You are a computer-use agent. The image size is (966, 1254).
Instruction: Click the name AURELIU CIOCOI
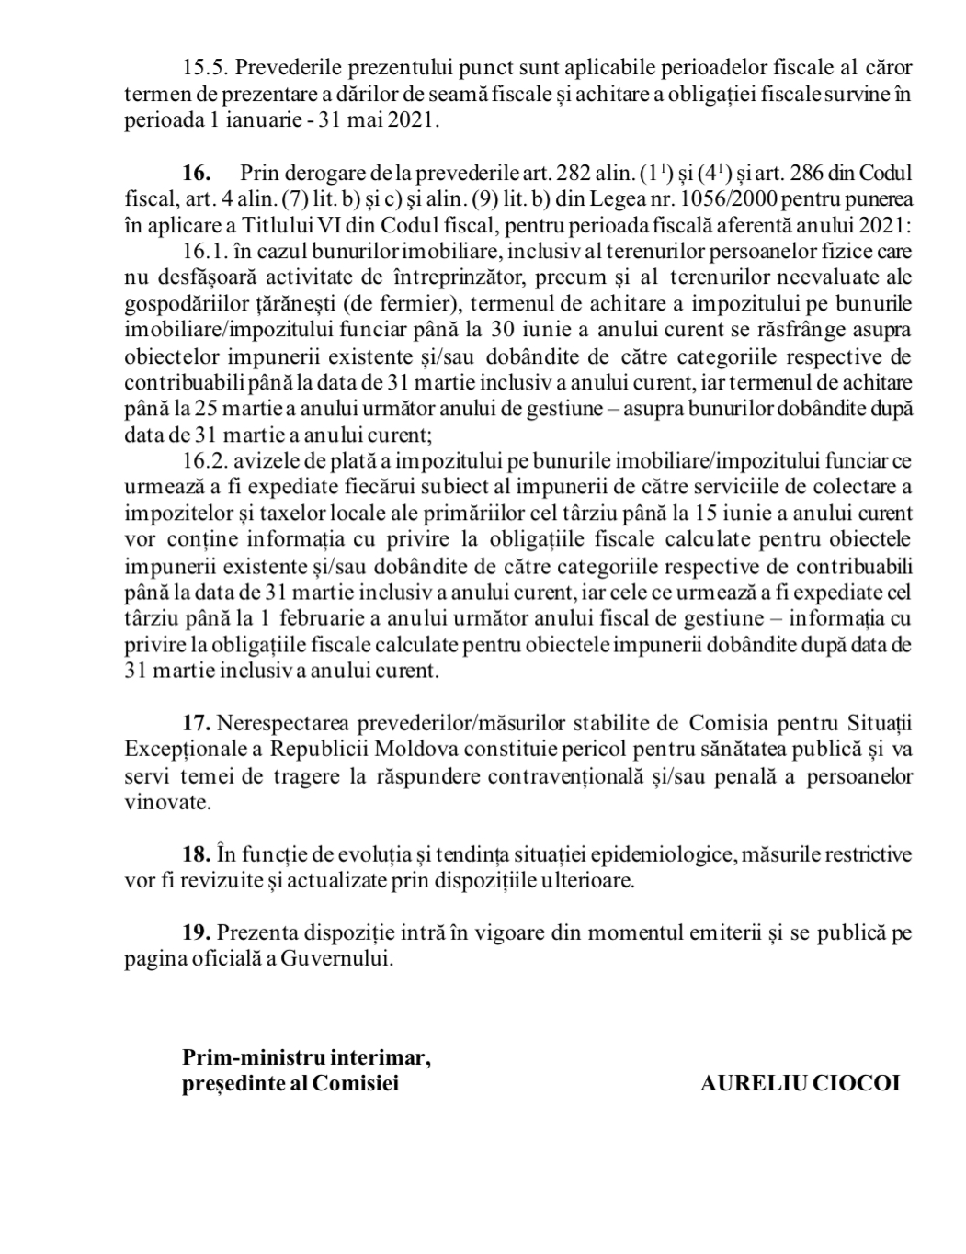point(800,1083)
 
